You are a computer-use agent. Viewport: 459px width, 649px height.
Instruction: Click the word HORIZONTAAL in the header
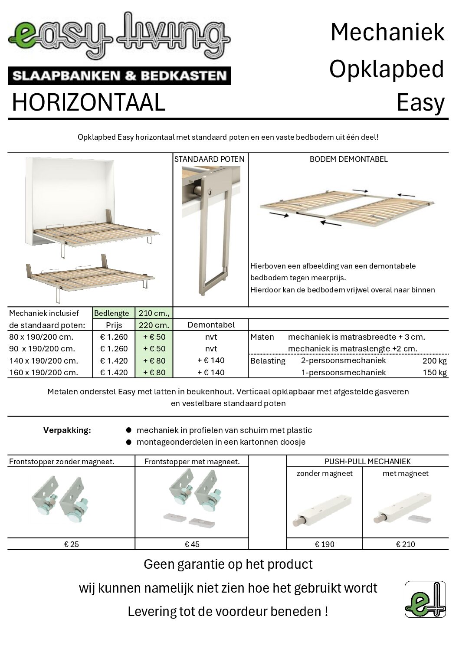[89, 102]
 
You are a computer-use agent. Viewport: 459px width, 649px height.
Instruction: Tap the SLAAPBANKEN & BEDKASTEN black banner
[119, 76]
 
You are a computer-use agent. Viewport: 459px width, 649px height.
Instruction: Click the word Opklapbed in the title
[387, 69]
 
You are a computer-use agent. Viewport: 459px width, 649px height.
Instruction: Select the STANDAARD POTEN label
[209, 159]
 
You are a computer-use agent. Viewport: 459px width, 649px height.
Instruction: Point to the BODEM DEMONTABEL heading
[348, 159]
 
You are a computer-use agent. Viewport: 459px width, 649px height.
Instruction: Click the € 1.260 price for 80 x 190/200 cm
[114, 337]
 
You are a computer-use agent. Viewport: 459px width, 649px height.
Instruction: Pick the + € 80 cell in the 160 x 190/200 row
[154, 372]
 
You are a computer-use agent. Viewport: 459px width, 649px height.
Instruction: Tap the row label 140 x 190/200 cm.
[44, 361]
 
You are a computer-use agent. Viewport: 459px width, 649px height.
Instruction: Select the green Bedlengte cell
[111, 313]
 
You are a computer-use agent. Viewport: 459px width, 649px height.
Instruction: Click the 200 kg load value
[434, 361]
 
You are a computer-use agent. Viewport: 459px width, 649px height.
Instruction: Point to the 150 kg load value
[434, 372]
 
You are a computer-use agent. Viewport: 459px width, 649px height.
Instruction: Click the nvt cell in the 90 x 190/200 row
[211, 348]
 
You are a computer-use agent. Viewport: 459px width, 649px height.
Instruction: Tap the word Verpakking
[67, 430]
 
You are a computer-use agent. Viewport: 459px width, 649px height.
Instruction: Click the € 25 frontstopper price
[72, 544]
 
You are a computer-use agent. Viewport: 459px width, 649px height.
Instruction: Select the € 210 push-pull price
[405, 544]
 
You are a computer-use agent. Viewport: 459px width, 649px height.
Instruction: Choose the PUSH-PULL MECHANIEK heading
[367, 462]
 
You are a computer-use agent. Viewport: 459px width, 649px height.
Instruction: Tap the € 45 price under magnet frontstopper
[192, 544]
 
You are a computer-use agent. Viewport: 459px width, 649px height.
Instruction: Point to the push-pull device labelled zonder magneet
[324, 507]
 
